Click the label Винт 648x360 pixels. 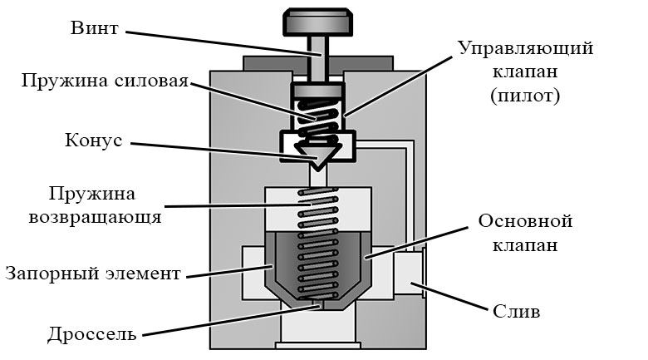coord(94,28)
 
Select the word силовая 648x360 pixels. coord(151,81)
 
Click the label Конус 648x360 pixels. coord(94,141)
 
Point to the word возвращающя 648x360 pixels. coord(95,218)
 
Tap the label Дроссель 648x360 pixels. coord(91,334)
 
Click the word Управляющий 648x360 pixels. coord(526,49)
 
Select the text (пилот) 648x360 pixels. coord(525,96)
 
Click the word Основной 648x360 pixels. coord(525,221)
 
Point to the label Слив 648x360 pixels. coord(516,311)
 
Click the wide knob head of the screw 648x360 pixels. coord(318,22)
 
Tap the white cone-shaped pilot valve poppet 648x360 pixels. coord(317,155)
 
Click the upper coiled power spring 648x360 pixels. coord(317,119)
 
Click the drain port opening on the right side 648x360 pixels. coord(410,273)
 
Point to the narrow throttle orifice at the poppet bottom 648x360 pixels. coord(318,304)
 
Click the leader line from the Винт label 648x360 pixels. coord(223,43)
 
